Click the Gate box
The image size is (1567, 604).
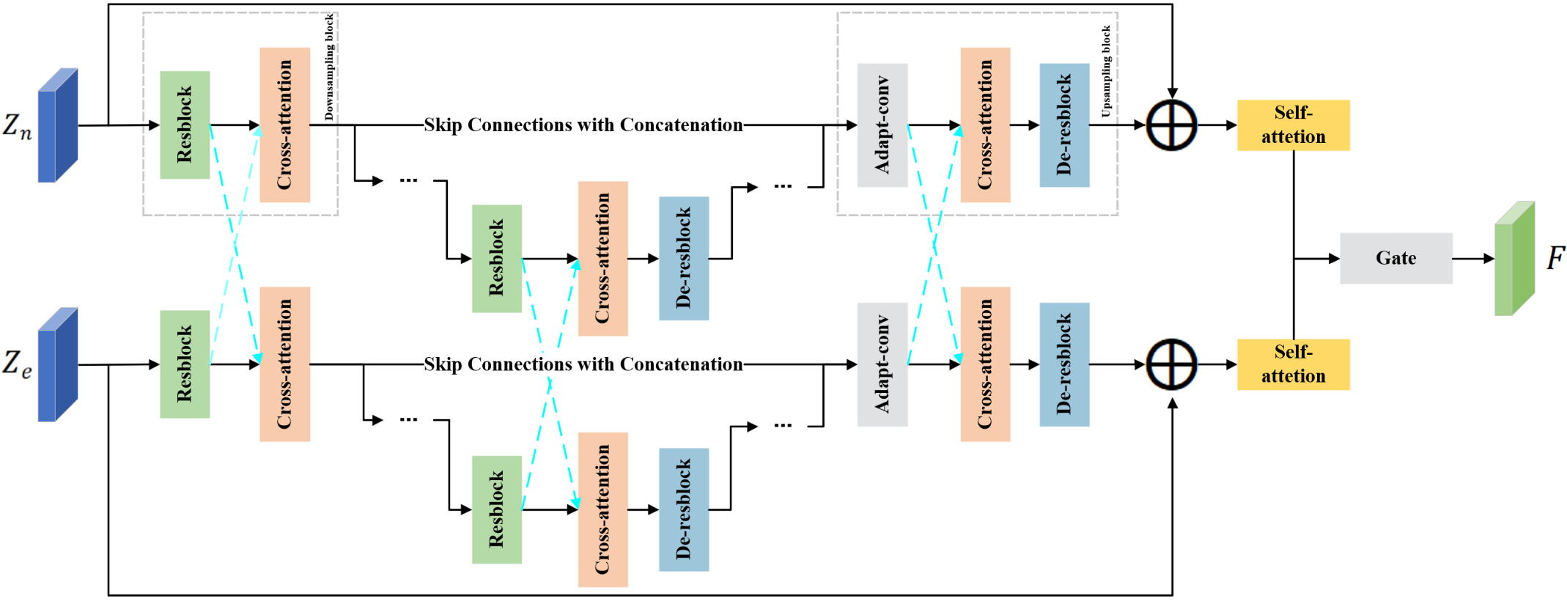click(x=1395, y=258)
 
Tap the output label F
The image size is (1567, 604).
click(x=1555, y=258)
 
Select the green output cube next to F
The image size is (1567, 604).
click(x=1514, y=259)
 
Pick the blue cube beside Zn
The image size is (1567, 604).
click(x=57, y=125)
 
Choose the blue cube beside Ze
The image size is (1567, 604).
click(x=57, y=364)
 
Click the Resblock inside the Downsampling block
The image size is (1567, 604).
click(x=185, y=125)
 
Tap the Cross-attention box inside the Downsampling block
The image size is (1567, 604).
click(x=284, y=125)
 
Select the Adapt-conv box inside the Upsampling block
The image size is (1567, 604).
click(x=882, y=125)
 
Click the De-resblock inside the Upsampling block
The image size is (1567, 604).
click(x=1064, y=125)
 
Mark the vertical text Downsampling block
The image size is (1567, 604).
click(x=329, y=67)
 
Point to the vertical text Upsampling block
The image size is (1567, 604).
click(x=1106, y=71)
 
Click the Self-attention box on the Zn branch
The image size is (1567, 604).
click(x=1293, y=125)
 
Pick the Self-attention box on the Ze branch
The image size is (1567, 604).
click(x=1293, y=364)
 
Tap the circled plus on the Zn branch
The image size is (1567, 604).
click(x=1171, y=125)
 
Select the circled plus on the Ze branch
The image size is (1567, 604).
click(x=1171, y=364)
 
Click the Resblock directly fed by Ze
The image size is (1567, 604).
click(x=185, y=364)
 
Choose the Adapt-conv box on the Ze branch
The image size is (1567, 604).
click(x=882, y=364)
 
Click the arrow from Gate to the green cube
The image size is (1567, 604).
click(x=1472, y=259)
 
